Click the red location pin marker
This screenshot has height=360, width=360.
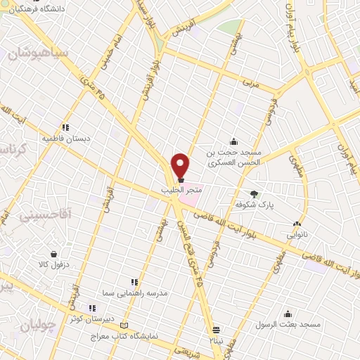point(181,165)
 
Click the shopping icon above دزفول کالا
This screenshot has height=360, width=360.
point(53,253)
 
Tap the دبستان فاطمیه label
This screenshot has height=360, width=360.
point(66,139)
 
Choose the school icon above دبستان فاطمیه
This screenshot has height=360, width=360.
point(65,127)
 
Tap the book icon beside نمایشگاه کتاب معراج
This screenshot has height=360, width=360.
point(125,326)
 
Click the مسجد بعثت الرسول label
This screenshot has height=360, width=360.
point(288,325)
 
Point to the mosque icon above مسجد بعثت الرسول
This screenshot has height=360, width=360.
point(288,314)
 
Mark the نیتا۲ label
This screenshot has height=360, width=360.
point(216,340)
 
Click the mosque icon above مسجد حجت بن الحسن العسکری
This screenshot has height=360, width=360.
point(233,141)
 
